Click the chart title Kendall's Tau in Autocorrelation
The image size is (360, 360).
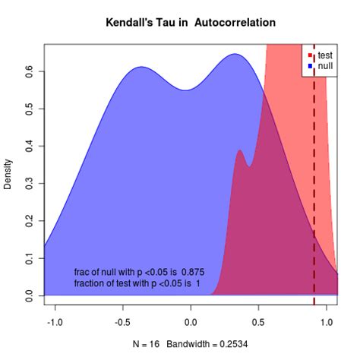tap(191, 23)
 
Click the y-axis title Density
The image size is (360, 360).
tap(8, 174)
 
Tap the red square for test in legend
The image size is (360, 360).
tap(310, 55)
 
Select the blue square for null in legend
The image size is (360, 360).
tap(310, 66)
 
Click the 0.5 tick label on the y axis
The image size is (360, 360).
tap(29, 109)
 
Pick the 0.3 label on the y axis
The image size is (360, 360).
tap(29, 184)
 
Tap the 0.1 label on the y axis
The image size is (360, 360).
tap(29, 258)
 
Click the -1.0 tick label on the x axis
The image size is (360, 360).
tap(55, 322)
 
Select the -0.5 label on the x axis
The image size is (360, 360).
tap(123, 322)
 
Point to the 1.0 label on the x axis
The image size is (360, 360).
tap(327, 322)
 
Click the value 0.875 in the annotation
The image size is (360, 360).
tap(193, 272)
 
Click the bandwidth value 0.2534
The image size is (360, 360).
tap(234, 344)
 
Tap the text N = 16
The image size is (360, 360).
tap(146, 344)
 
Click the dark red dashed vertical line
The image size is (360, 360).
tap(314, 175)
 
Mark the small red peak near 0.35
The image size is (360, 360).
tap(239, 150)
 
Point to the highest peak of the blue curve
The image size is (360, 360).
tap(235, 54)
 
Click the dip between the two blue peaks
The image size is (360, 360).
tap(186, 90)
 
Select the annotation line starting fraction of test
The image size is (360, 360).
tap(137, 283)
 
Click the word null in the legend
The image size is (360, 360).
tap(325, 66)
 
